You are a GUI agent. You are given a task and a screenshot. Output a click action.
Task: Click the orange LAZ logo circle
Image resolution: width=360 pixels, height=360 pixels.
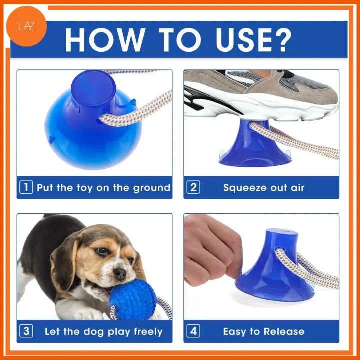[x=26, y=26]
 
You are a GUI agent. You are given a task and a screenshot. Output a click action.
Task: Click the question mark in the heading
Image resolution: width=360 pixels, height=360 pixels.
[x=283, y=40]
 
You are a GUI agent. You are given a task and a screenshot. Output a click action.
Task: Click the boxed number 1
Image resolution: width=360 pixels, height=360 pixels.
[x=26, y=187]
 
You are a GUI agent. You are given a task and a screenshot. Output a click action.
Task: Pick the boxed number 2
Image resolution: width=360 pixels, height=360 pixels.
[x=193, y=187]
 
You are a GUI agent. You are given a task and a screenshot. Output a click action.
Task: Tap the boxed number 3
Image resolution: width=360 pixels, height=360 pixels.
[x=26, y=331]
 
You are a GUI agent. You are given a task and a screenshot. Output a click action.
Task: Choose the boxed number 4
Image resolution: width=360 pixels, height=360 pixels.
[x=193, y=331]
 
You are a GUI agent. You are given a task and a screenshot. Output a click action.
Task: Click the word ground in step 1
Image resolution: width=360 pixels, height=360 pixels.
[x=152, y=188]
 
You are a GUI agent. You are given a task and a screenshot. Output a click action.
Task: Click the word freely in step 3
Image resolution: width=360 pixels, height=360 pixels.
[x=148, y=332]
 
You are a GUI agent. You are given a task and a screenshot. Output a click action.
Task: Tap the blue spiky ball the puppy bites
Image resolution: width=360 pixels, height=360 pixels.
[x=132, y=299]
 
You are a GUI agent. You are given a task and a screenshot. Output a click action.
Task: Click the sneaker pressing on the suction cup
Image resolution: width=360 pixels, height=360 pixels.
[x=261, y=95]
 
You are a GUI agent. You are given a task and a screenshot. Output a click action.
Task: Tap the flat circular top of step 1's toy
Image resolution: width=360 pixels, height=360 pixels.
[x=93, y=88]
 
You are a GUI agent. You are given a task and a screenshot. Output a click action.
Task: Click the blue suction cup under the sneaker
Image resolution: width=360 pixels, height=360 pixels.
[x=255, y=145]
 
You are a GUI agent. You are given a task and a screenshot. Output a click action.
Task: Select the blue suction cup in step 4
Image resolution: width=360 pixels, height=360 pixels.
[x=274, y=266]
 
